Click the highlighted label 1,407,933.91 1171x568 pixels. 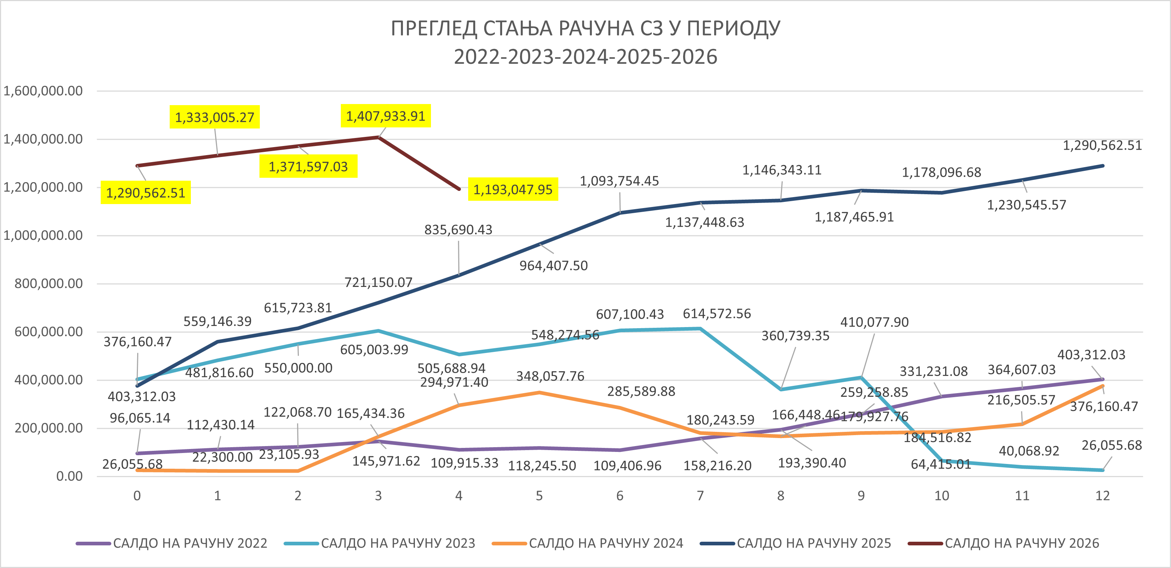[x=385, y=116]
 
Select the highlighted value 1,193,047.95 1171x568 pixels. [x=513, y=189]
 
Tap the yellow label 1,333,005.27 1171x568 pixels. [x=215, y=117]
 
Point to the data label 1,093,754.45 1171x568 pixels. [x=619, y=181]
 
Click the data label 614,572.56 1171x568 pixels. [x=717, y=314]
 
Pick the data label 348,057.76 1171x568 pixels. [x=550, y=376]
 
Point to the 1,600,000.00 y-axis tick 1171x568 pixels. [x=43, y=91]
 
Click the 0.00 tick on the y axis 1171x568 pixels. [x=70, y=476]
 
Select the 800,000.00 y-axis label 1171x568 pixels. [x=49, y=284]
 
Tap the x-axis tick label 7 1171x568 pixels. [x=700, y=496]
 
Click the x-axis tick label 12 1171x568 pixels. [x=1102, y=496]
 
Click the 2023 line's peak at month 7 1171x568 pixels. [x=700, y=328]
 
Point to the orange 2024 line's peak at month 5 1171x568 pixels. [x=539, y=392]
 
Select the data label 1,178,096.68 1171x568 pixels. [x=941, y=172]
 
